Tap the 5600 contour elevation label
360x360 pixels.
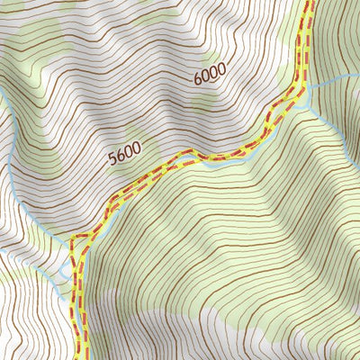coord(126,157)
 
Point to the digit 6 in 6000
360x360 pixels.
coord(197,80)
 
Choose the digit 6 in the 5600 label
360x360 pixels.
coord(121,159)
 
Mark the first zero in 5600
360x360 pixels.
coord(130,155)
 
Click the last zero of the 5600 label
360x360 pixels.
coord(138,150)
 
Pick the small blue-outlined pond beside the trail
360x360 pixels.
coord(63,269)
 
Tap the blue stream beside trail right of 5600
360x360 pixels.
coord(216,163)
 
